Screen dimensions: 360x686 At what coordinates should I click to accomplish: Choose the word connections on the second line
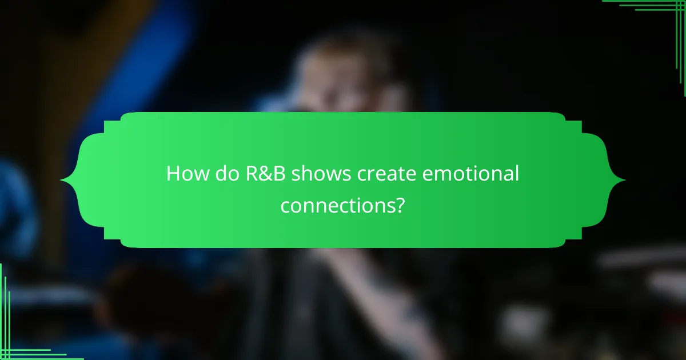point(336,205)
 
